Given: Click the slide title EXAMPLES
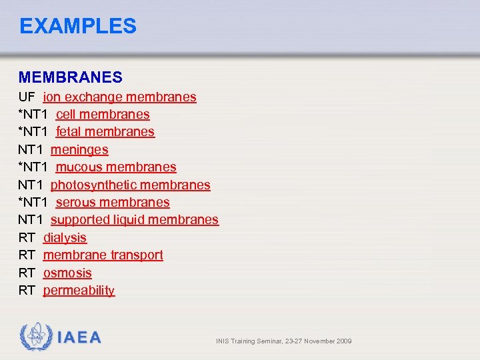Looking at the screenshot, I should [x=78, y=26].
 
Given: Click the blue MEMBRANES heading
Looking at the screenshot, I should [x=71, y=78].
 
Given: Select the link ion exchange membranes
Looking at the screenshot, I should [x=120, y=97].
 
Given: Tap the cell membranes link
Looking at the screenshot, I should [x=103, y=115].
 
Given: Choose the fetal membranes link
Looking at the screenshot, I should [x=105, y=132].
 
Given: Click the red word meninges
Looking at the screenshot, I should [x=79, y=150].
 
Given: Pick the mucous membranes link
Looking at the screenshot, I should [x=116, y=167].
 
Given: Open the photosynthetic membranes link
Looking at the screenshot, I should [x=131, y=185].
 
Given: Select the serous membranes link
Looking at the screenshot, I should [x=113, y=203].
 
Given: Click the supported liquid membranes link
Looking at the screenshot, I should [x=135, y=220].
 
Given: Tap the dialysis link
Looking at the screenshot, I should [x=65, y=238].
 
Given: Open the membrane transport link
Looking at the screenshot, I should [x=103, y=255].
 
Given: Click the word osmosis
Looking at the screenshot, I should [x=67, y=273].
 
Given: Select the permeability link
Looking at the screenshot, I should [x=79, y=291].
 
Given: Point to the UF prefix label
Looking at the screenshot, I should [x=27, y=97].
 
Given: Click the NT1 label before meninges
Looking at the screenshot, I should [x=31, y=150].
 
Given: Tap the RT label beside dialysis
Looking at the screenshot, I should [x=27, y=238].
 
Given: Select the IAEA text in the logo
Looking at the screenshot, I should [x=79, y=338].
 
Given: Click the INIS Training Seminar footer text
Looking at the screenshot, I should [x=283, y=341].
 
